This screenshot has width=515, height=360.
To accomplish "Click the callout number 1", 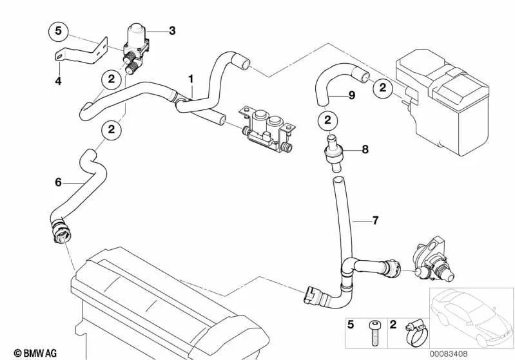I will tap(191, 79).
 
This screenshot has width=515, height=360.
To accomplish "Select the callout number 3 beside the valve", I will tap(171, 30).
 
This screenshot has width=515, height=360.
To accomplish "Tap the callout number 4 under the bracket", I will tap(58, 81).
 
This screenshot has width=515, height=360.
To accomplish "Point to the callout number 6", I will tap(58, 182).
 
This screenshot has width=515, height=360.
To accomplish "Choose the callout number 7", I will tap(376, 221).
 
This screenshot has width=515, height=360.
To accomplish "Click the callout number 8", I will tap(365, 149).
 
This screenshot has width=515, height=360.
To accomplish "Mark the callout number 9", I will tap(351, 95).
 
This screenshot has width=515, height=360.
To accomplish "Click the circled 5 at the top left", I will tap(58, 30).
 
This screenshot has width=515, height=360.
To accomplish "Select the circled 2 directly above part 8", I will tap(327, 120).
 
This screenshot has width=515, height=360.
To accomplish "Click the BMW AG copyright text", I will tap(24, 353).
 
